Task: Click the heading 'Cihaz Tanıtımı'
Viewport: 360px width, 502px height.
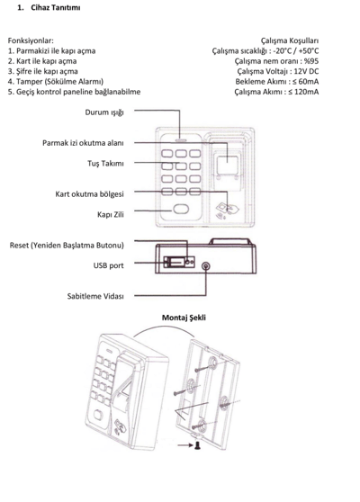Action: tap(56, 8)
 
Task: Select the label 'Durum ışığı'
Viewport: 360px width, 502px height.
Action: tap(104, 112)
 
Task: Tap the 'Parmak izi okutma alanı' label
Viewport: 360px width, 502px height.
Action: tap(83, 143)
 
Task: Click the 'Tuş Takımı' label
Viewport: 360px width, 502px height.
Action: tap(105, 163)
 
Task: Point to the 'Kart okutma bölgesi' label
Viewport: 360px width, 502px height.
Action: tap(89, 194)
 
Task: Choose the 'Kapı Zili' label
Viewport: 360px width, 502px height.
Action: tap(111, 214)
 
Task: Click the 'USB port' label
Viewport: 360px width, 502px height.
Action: tap(108, 265)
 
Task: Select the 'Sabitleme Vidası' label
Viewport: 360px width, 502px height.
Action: tap(95, 296)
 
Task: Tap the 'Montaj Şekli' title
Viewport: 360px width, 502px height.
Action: tap(184, 318)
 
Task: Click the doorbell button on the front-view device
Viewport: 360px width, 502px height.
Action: tap(181, 209)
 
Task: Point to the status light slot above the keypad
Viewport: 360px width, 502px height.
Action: tap(181, 140)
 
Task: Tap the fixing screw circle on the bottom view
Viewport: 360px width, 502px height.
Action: tap(206, 266)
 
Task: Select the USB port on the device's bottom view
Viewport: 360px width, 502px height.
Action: tap(175, 262)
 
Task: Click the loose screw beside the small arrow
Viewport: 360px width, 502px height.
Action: tap(197, 445)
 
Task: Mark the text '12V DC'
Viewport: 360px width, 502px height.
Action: tap(306, 71)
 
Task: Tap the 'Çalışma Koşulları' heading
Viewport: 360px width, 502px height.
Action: tap(290, 40)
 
